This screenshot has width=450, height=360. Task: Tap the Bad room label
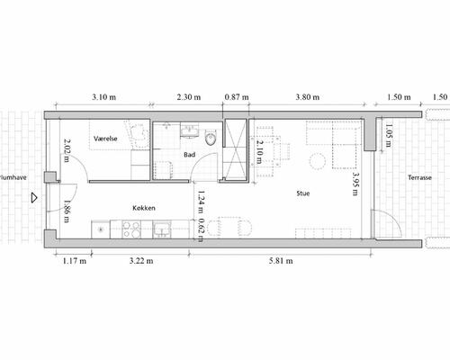coord(189,155)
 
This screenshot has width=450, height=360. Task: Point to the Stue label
coord(304,193)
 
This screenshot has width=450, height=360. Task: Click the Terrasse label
coord(419,178)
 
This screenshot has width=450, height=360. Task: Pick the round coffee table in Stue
coord(318,162)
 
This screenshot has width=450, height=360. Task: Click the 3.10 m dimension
coord(105,95)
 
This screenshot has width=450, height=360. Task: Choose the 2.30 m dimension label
coord(189,95)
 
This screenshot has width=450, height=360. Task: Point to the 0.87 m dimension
coord(236,95)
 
